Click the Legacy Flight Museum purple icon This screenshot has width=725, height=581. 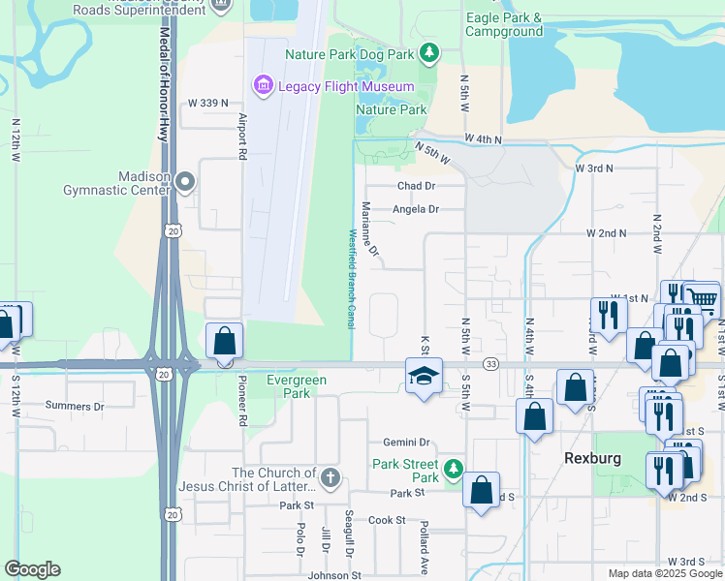262,86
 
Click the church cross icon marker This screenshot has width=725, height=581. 330,477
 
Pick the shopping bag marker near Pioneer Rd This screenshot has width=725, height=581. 225,342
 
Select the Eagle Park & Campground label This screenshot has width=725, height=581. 504,25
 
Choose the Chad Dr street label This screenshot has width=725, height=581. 417,185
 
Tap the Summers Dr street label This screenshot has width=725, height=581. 74,407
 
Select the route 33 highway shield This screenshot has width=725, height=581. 492,364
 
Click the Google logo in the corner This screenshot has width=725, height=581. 33,569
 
